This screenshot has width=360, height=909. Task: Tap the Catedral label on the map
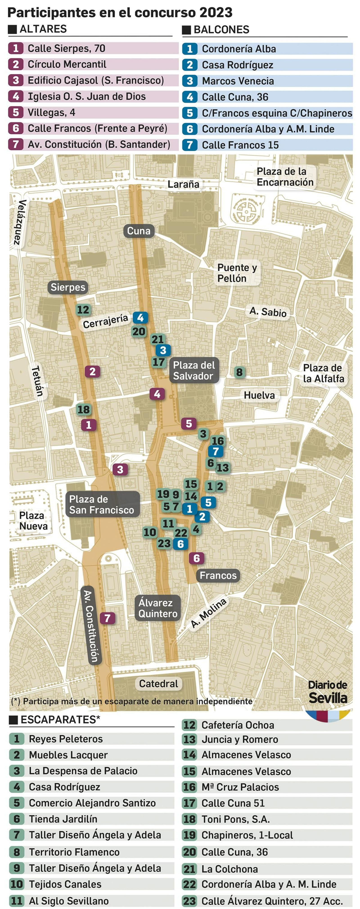coord(158,683)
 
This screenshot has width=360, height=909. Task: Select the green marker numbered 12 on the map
coord(83,310)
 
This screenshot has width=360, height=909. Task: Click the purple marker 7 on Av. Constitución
coord(107,618)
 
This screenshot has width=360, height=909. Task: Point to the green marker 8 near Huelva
coord(239,372)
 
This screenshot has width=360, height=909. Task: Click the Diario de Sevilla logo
coord(328,693)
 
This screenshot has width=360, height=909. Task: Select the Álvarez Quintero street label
coord(157,608)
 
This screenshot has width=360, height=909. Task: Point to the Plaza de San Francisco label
coord(102,505)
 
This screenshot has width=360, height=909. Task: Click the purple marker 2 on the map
coord(92,372)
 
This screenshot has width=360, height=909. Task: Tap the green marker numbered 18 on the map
coord(84,409)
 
